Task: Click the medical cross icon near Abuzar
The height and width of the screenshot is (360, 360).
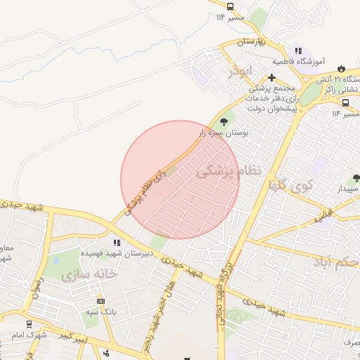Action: [x=272, y=77]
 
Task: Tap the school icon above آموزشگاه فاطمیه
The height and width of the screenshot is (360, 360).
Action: [x=298, y=51]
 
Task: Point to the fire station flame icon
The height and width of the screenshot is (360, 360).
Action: [x=341, y=68]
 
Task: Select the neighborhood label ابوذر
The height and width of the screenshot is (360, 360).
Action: [x=237, y=72]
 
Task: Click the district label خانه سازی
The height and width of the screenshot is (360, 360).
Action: [x=88, y=274]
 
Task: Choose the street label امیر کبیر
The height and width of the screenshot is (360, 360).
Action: [x=73, y=338]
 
